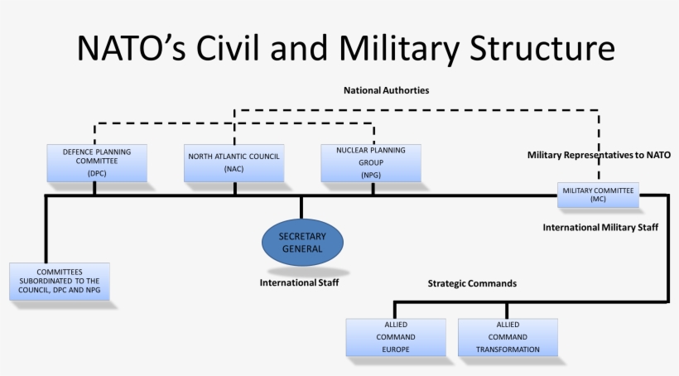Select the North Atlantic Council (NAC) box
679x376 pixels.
pyautogui.click(x=234, y=163)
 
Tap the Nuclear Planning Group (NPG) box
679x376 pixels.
pyautogui.click(x=371, y=163)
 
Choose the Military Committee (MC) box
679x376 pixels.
pyautogui.click(x=598, y=195)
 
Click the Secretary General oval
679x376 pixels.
pyautogui.click(x=302, y=242)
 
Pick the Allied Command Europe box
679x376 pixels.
pyautogui.click(x=396, y=337)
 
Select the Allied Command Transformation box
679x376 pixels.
pyautogui.click(x=508, y=337)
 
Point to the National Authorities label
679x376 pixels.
pyautogui.click(x=386, y=89)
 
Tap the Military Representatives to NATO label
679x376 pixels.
pyautogui.click(x=599, y=154)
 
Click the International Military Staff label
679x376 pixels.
pyautogui.click(x=600, y=226)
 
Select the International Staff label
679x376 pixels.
pyautogui.click(x=299, y=282)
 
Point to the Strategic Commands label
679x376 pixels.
pyautogui.click(x=472, y=283)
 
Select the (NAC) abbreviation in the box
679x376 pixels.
pyautogui.click(x=234, y=169)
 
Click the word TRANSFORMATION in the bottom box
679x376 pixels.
pyautogui.click(x=508, y=349)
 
